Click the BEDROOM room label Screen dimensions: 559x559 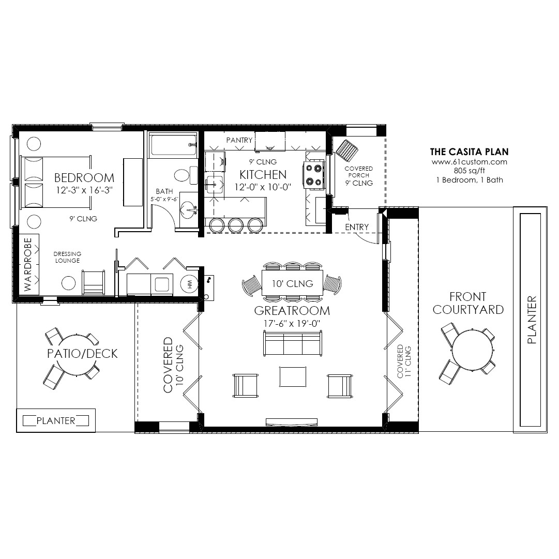coord(84,178)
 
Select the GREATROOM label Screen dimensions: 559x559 coord(292,311)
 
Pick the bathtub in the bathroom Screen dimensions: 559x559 coord(173,144)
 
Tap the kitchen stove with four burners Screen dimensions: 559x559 coord(314,174)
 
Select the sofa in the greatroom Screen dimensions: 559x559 coord(292,344)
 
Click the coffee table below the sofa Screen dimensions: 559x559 coord(293,376)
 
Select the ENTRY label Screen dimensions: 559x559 coord(357,227)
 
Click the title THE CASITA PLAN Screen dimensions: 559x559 coord(469,152)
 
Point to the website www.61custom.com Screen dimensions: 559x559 coord(469,161)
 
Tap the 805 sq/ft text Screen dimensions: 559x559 coord(469,171)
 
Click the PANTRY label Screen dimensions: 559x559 coord(239,140)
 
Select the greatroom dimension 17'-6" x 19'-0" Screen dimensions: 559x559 coord(292,324)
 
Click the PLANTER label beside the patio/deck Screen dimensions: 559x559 coord(56,420)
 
